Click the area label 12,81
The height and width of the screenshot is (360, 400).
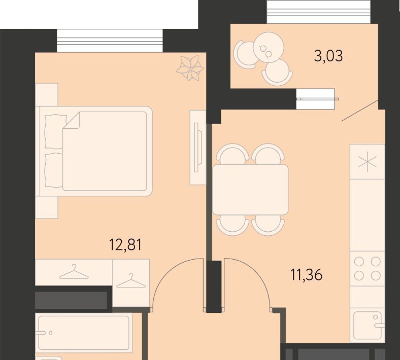125,245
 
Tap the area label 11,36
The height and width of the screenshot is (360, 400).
307,275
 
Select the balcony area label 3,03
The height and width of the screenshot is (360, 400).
328,56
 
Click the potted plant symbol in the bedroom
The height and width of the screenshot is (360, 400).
190,68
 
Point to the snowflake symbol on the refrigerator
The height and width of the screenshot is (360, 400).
368,162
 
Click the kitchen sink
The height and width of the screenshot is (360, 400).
368,326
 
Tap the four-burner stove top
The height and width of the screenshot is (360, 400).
368,269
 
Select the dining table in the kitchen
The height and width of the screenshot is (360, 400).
250,190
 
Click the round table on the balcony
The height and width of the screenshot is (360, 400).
269,47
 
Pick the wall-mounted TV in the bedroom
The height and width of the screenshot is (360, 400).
197,147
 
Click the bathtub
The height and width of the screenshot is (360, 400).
84,333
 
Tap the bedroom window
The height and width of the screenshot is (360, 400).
110,41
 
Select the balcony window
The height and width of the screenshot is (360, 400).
319,12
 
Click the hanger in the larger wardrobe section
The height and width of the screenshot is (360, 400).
74,272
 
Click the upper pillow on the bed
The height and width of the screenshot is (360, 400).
55,131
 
